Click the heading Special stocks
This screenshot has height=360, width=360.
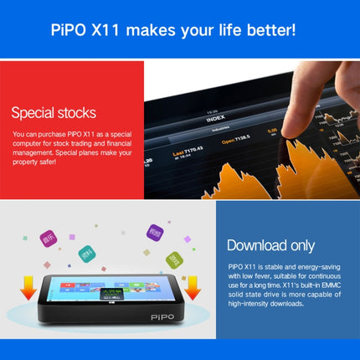point(54,112)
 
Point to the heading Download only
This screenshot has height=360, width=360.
point(270,245)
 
